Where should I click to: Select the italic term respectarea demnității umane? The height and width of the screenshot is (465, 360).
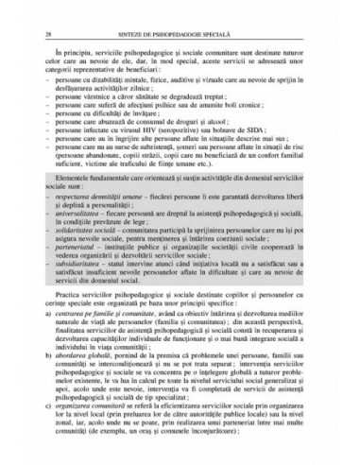pyautogui.click(x=103, y=225)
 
